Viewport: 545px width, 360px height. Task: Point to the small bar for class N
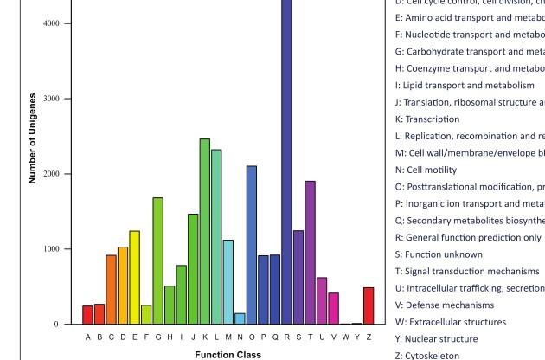(x=240, y=318)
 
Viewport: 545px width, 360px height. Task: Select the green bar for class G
(x=157, y=260)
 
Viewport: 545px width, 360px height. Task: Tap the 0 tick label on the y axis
(x=57, y=325)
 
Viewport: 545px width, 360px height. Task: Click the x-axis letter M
(x=228, y=337)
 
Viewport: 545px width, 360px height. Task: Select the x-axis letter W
(x=345, y=337)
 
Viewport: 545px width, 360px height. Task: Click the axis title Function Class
(x=228, y=354)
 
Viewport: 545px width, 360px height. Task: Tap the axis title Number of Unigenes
(x=32, y=138)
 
